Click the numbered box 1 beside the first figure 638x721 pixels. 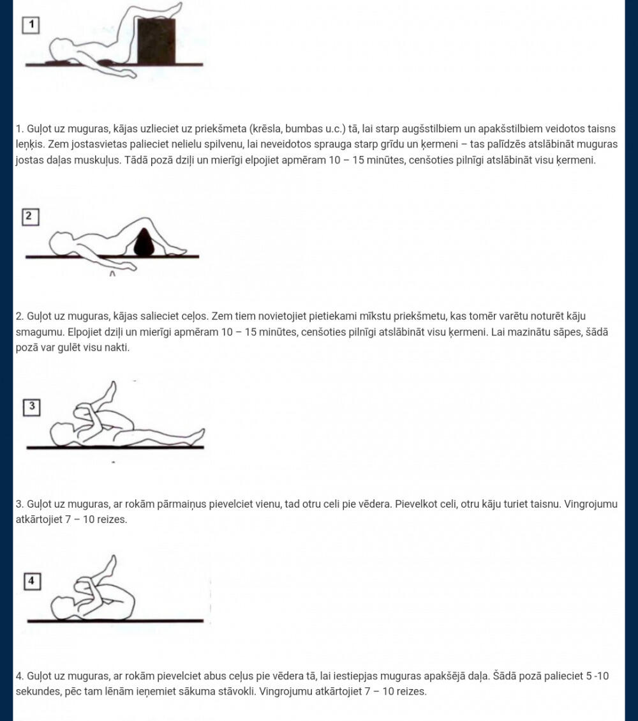31,25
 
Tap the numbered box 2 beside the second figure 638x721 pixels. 31,217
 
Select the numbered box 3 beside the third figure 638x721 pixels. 32,407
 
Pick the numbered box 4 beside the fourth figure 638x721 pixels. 32,581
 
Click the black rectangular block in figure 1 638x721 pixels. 156,42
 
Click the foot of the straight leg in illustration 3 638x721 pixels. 198,434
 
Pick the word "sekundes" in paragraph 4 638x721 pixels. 36,692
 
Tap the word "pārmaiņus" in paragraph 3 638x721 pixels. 181,505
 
